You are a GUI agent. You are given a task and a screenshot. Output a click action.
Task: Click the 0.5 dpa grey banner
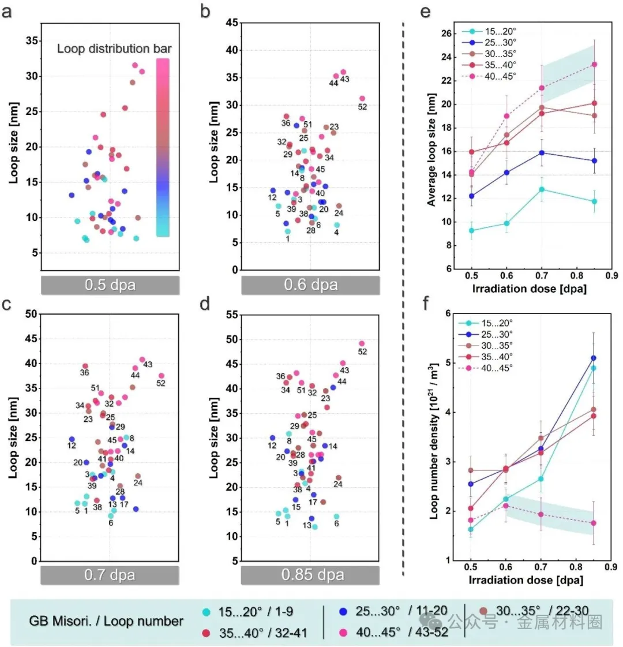pos(110,285)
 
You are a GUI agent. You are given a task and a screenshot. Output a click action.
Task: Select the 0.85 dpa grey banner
pos(311,575)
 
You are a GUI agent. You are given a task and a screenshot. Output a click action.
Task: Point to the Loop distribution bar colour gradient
pos(163,147)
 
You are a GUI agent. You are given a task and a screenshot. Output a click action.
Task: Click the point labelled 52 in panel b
pos(362,99)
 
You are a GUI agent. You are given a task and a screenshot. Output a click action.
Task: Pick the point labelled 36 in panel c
pos(85,366)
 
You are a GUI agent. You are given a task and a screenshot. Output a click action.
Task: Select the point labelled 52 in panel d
pos(362,343)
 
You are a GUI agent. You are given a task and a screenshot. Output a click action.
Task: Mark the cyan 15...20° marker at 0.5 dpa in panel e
pos(472,230)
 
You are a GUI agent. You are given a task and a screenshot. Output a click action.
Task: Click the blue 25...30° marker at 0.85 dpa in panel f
pos(593,358)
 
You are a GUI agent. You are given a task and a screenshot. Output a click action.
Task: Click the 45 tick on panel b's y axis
pos(231,23)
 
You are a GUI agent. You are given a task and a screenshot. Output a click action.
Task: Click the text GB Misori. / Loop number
pos(106,622)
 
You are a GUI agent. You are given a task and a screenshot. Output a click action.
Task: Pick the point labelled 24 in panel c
pos(137,476)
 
